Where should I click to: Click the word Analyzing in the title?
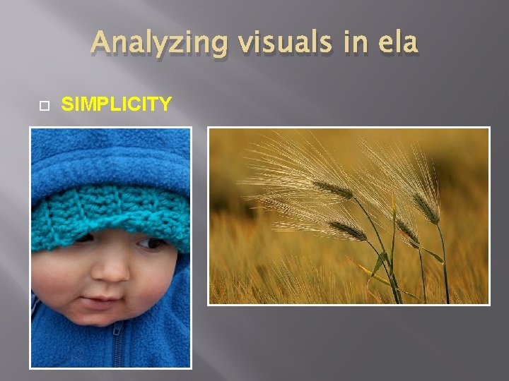tap(160, 43)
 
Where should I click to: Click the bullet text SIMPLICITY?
tap(117, 104)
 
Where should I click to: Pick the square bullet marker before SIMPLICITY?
tap(42, 105)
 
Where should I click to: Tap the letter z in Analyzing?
tap(172, 44)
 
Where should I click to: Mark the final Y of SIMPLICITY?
tap(165, 104)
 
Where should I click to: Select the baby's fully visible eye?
tap(150, 243)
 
